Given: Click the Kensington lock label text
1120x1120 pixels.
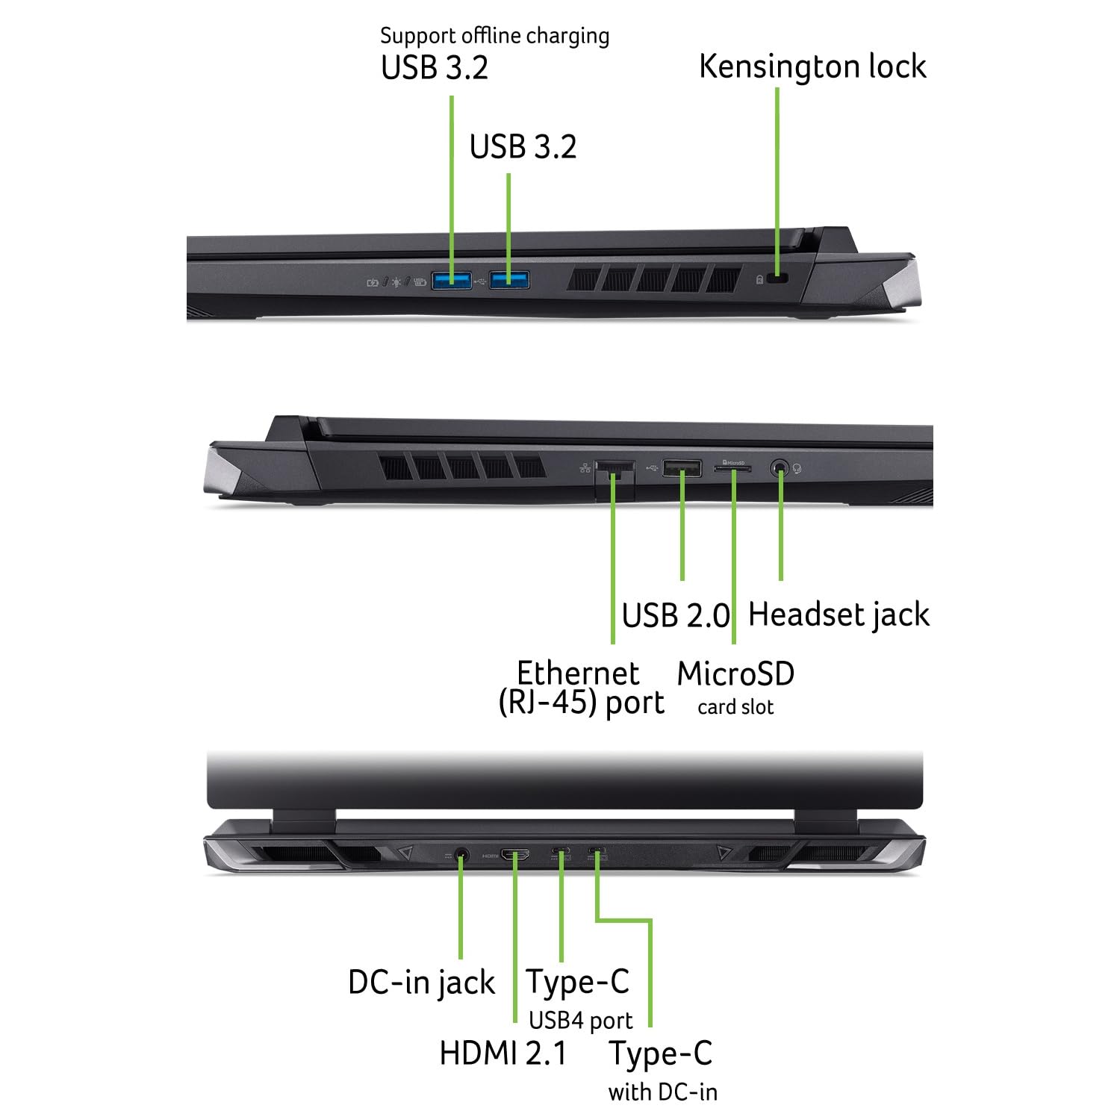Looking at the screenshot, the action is click(812, 66).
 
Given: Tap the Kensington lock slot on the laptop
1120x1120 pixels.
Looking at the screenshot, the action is click(780, 279).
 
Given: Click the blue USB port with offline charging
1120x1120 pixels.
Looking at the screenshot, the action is click(452, 280).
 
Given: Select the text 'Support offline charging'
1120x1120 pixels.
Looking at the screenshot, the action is click(494, 36).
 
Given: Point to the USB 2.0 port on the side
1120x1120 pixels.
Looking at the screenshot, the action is click(682, 469).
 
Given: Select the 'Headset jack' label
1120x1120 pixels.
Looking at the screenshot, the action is click(839, 615).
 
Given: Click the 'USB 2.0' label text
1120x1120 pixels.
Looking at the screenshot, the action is click(676, 616).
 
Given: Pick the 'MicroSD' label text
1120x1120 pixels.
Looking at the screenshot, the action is click(735, 674).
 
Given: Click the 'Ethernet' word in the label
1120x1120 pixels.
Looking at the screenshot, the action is click(578, 673).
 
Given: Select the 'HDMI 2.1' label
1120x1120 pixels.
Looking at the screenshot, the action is click(503, 1054).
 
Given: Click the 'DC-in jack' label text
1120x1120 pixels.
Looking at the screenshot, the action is click(422, 983).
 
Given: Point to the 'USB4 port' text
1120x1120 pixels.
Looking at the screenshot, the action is click(580, 1020).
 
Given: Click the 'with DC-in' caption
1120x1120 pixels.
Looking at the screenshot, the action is click(663, 1092).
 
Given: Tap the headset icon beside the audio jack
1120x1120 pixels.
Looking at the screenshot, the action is click(797, 469).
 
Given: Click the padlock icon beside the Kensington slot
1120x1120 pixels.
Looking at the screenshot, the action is click(759, 279).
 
